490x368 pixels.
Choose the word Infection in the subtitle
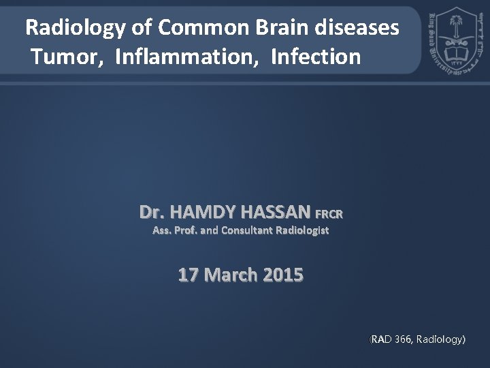(315, 57)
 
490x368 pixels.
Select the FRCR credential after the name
(329, 215)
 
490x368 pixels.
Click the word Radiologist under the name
(302, 230)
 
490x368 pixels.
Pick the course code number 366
(402, 338)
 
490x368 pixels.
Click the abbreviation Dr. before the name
(152, 212)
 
